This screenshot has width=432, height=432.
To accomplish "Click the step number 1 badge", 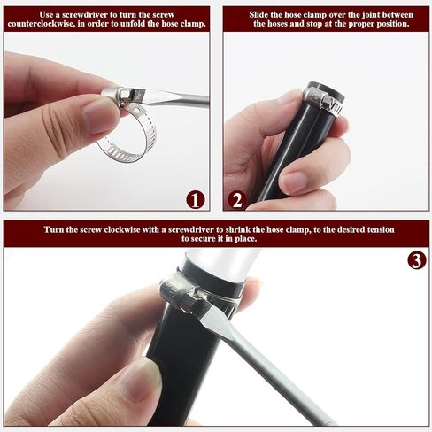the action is (196, 200).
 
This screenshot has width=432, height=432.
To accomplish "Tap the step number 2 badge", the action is (237, 200).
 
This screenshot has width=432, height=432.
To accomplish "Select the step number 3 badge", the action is (417, 260).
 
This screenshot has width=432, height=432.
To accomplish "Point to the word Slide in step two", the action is (259, 15).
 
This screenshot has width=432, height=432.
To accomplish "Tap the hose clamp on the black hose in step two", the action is (323, 100).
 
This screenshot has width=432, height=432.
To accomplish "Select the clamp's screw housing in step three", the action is (177, 291).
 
